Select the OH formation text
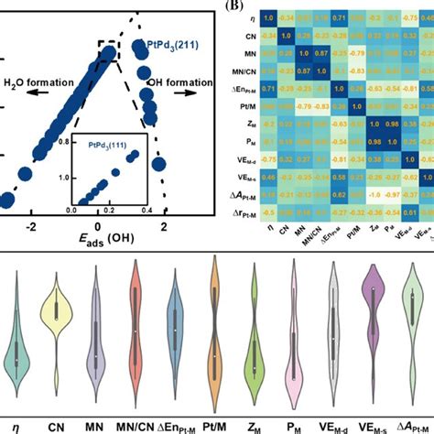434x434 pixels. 180,81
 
